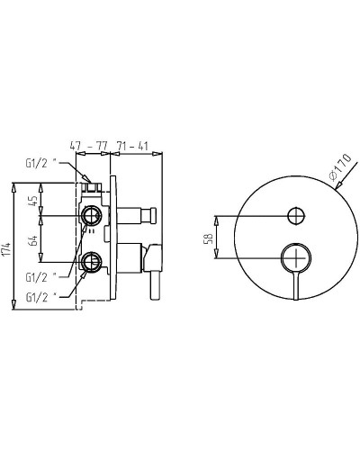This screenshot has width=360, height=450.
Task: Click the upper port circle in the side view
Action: [x=90, y=215]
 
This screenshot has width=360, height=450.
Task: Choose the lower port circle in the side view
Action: [x=90, y=262]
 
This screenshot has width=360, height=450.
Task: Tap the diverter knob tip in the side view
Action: [x=152, y=215]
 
